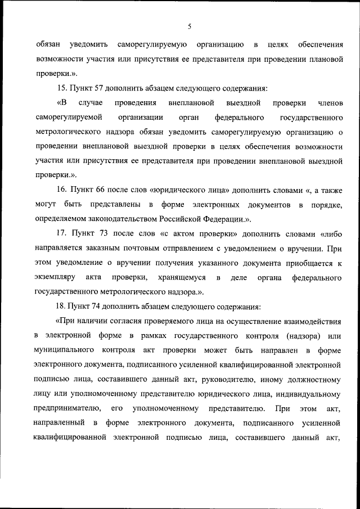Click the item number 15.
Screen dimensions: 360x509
(x=62, y=88)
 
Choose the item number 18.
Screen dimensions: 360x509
(x=62, y=307)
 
